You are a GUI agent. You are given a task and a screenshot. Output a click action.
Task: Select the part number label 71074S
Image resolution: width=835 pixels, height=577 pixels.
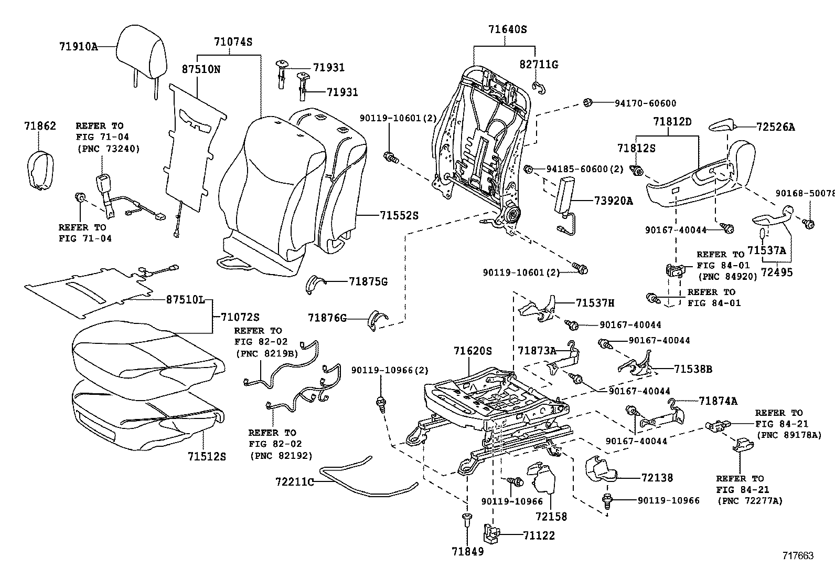[x=233, y=41]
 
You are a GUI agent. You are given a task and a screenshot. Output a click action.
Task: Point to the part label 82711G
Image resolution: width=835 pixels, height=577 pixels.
[x=539, y=64]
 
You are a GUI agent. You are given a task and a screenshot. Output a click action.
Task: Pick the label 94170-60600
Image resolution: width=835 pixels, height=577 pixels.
[x=645, y=103]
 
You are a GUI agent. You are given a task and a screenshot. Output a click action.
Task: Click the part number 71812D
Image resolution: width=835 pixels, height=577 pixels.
[x=672, y=122]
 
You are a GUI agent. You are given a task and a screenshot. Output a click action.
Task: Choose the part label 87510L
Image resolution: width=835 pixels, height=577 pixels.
[x=185, y=300]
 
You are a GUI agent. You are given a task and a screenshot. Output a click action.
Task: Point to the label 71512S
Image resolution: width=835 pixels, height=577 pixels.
[x=207, y=456]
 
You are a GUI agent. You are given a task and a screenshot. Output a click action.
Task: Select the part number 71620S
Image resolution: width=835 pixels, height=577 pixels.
[x=473, y=350]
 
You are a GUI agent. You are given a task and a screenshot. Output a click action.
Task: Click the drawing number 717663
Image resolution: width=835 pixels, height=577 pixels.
[x=798, y=555]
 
